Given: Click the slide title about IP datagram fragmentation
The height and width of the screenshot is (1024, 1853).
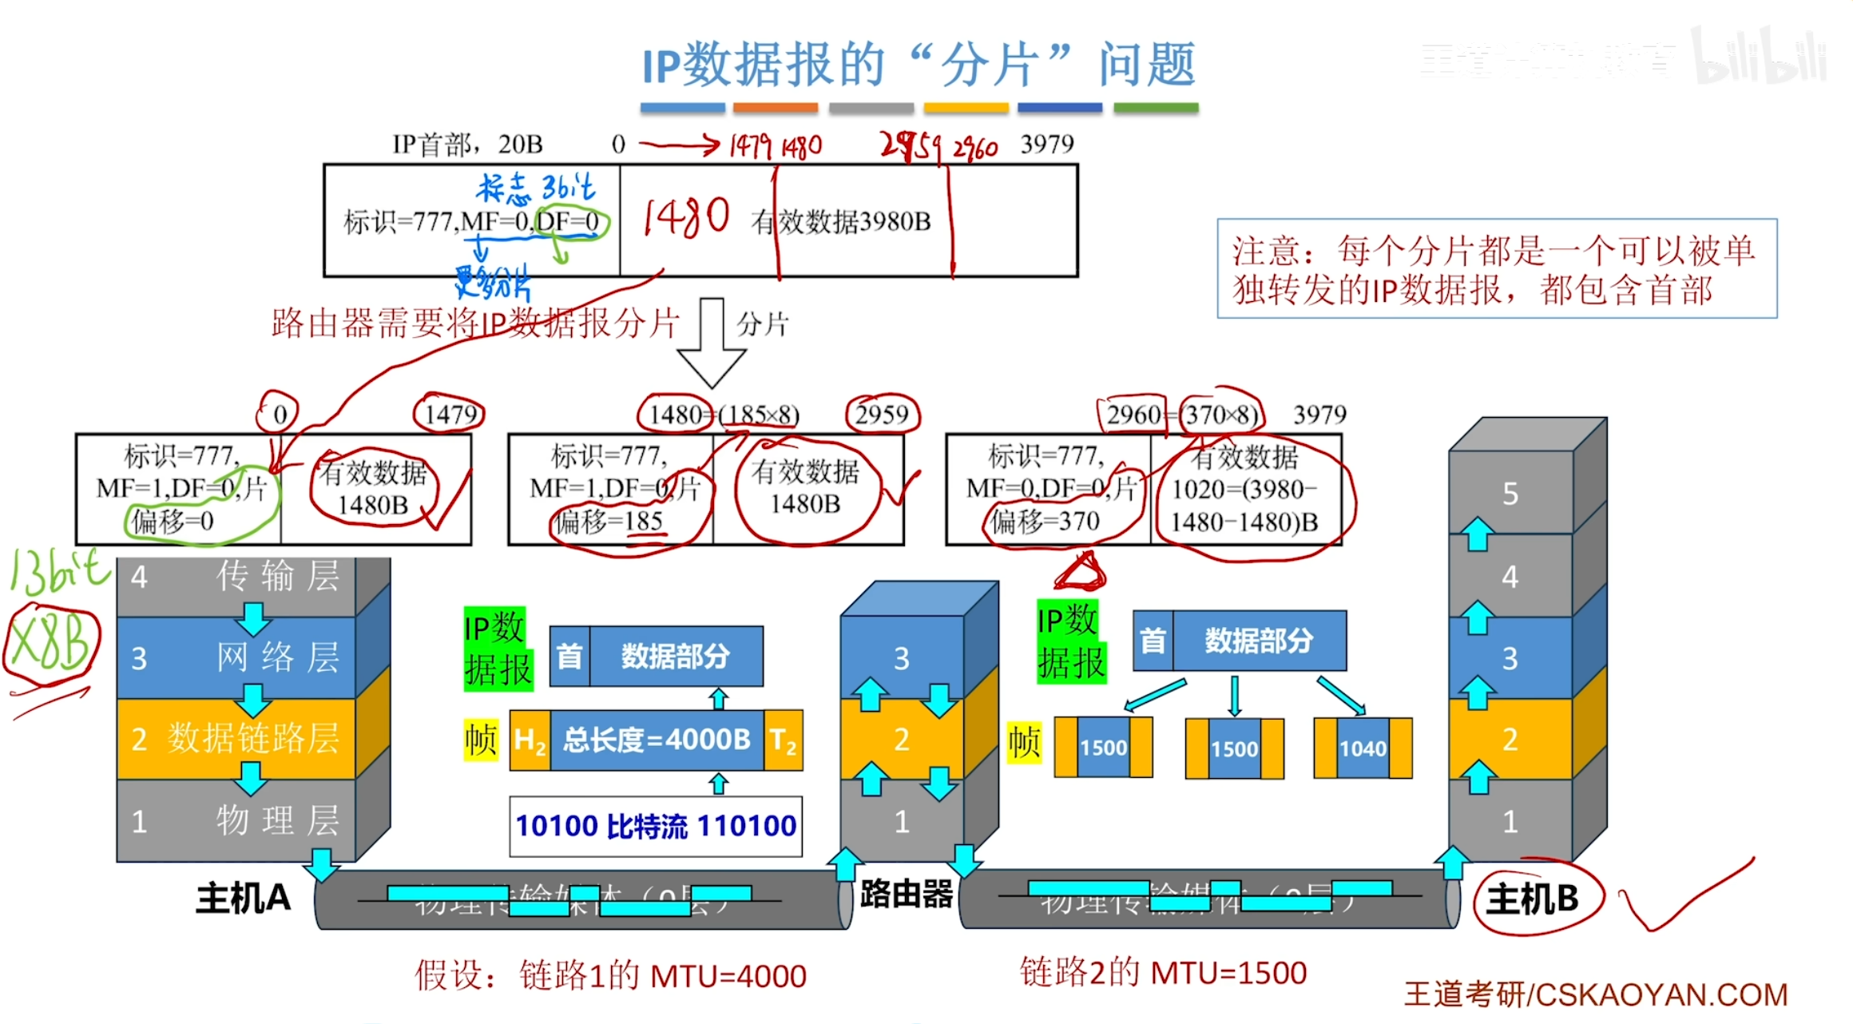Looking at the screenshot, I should point(919,64).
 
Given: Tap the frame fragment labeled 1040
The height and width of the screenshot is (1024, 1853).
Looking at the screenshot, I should point(1363,748).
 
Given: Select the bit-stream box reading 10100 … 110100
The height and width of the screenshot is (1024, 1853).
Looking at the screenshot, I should point(656,826).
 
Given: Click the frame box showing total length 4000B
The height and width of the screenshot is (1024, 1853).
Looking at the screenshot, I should point(657,740).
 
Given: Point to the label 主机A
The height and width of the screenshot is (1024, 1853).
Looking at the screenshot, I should point(243,899).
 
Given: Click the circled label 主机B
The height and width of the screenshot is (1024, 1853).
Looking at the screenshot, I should point(1532,899).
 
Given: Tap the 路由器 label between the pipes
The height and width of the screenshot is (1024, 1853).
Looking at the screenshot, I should point(906,894).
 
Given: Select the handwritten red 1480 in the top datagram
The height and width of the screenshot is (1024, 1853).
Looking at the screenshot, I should point(686,217).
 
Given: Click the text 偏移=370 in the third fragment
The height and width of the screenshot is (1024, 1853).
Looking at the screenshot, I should point(1046,522).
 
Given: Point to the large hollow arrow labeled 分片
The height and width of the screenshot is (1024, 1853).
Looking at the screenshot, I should point(711,343).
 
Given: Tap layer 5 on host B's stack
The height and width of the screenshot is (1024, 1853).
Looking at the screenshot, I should point(1510,494).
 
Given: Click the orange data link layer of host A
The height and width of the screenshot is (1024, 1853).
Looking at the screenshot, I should point(236,739).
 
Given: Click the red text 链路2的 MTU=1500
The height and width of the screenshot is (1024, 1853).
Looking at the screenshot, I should point(1163,973).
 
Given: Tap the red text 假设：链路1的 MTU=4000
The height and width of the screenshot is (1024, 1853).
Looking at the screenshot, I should point(611,976).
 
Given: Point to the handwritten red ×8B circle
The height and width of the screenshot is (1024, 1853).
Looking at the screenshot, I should point(51,645).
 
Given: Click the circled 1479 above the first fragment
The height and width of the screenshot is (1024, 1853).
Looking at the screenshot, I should point(450,414).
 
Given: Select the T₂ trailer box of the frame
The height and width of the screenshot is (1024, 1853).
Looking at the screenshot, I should point(783,740).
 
